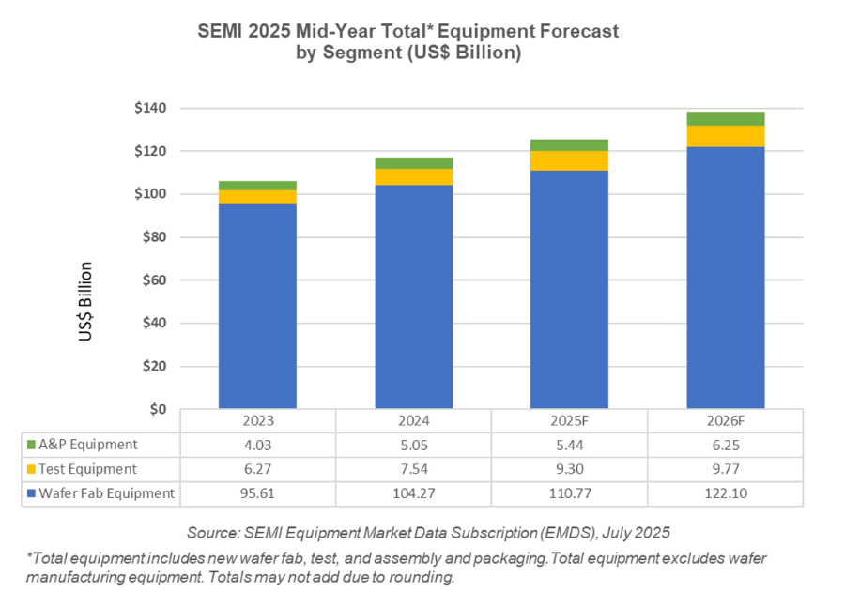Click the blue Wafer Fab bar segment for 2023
pos(257,306)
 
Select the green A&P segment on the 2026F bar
pos(726,118)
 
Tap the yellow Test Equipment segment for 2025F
pos(569,160)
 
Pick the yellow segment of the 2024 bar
pos(413,176)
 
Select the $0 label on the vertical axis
pos(159,410)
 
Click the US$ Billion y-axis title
pos(86,304)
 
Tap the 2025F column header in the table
pos(569,421)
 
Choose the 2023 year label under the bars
pos(257,421)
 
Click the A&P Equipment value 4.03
pos(257,445)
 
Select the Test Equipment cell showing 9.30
pos(569,469)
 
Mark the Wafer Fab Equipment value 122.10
pos(725,493)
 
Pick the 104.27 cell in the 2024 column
pos(413,493)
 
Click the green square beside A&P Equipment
pos(32,445)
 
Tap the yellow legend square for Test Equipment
pos(32,469)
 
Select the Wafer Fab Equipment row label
pos(107,493)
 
